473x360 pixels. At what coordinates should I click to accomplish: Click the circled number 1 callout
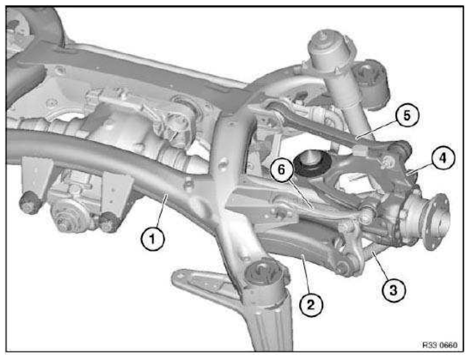point(152,240)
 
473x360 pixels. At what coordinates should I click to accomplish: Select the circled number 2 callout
point(311,305)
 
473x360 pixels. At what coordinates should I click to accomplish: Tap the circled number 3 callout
point(393,290)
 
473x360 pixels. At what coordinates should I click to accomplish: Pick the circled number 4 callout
point(443,158)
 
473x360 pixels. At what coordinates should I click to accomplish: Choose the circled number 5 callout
point(407,116)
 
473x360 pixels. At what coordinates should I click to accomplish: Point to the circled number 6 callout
point(281,170)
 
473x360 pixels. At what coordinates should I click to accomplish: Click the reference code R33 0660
point(440,345)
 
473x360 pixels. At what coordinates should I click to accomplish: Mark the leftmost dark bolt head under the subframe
point(29,203)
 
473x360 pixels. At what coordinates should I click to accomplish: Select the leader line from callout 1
point(162,211)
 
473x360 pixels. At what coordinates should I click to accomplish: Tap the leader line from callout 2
point(306,274)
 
